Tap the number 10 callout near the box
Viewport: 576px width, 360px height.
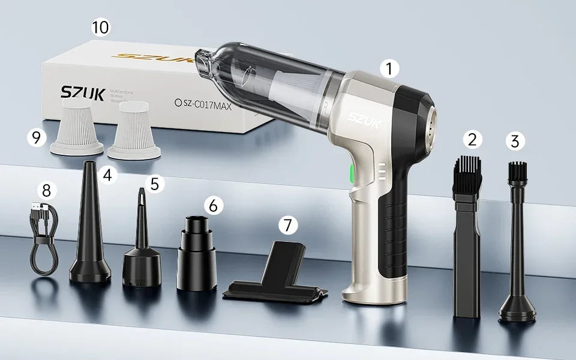click(101, 28)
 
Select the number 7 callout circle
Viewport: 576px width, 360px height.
click(289, 225)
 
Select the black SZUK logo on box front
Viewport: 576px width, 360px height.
click(82, 93)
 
